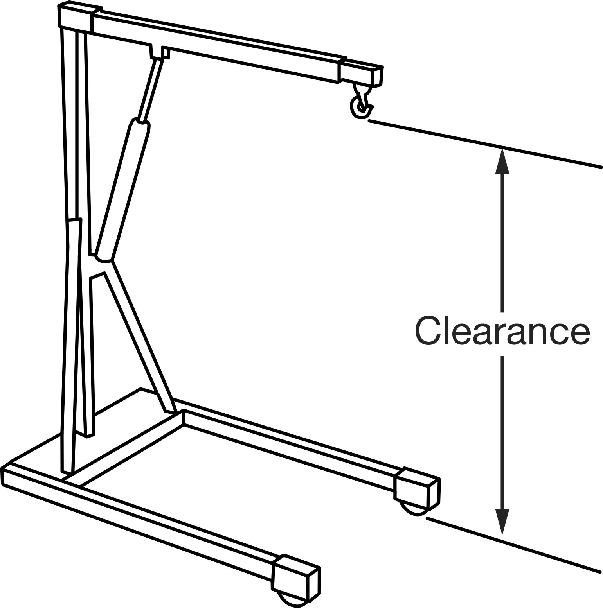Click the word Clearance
[502, 330]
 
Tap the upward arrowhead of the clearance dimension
[502, 161]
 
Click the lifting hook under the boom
[360, 102]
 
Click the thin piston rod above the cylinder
[151, 90]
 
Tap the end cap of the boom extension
[377, 77]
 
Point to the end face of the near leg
[314, 585]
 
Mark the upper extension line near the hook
[485, 144]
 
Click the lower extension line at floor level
[513, 545]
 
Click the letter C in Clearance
[428, 330]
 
